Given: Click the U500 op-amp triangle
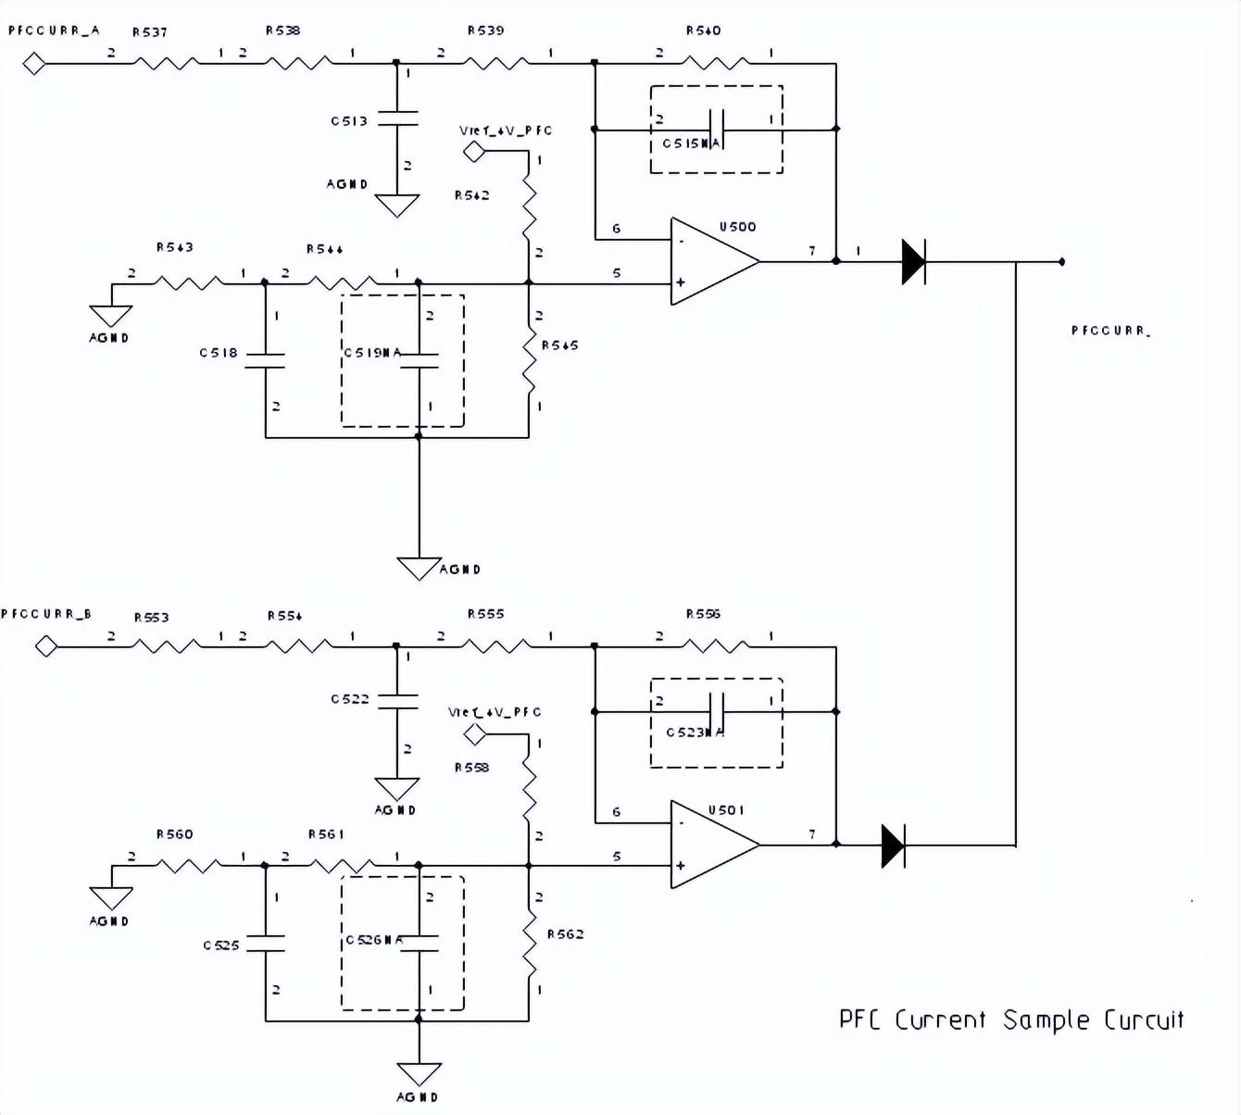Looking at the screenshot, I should (x=711, y=262).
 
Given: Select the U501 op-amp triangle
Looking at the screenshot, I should (x=711, y=845).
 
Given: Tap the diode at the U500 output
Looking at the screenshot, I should (x=913, y=262).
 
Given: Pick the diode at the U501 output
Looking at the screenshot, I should (x=893, y=846).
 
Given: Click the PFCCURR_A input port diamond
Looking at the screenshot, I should (x=34, y=64).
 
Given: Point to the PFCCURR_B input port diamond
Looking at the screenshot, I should (x=46, y=645).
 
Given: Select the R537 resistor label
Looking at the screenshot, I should (x=150, y=32).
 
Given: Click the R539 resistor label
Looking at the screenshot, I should (x=485, y=31).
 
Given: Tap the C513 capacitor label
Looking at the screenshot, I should (x=349, y=121).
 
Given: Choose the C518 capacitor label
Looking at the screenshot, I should (x=219, y=353).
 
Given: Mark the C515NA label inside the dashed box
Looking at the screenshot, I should (x=691, y=144).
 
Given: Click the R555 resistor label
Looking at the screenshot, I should (x=485, y=614).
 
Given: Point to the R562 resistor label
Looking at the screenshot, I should (x=565, y=934).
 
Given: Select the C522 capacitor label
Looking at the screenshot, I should (x=350, y=699).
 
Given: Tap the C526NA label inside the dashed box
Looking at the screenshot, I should (x=374, y=940).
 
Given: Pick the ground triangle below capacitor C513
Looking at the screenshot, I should (x=397, y=205).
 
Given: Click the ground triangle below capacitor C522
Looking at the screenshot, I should (x=397, y=788).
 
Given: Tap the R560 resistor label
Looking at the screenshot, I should (x=174, y=834).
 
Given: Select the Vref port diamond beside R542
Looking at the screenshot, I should (x=474, y=151).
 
